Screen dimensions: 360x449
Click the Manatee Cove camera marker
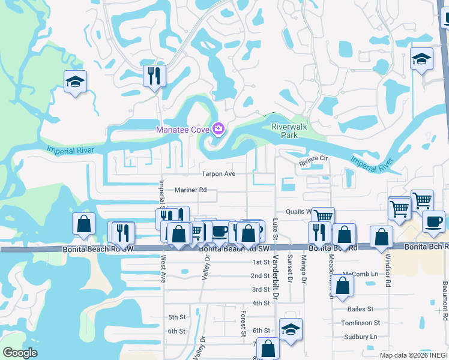point(218,129)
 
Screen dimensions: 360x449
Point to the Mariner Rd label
point(191,190)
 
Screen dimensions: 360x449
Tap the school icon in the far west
point(76,83)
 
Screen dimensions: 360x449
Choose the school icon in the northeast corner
point(421,59)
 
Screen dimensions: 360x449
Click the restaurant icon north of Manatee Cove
point(154,76)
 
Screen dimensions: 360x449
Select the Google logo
point(20,353)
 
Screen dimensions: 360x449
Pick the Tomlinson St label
point(361,323)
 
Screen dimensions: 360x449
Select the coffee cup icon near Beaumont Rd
point(433,221)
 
